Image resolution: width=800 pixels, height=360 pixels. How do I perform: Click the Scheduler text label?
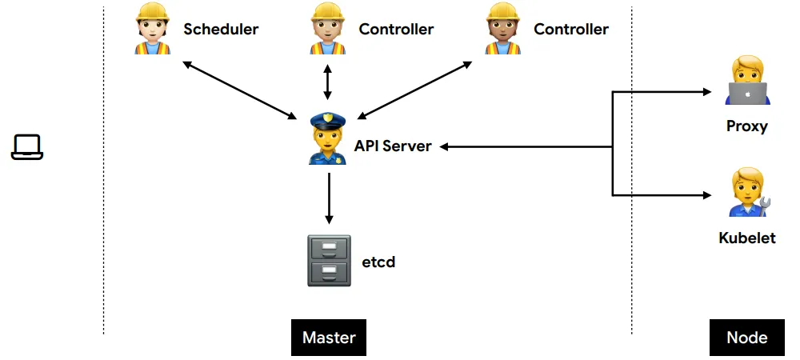[x=221, y=30]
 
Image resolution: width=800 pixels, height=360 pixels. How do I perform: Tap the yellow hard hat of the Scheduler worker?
[x=151, y=12]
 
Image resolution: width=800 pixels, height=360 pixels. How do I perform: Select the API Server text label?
[x=393, y=146]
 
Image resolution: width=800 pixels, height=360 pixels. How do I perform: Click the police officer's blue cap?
[x=327, y=120]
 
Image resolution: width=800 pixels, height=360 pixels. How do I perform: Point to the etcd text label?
[x=378, y=262]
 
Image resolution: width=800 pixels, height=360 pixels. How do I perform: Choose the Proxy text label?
[x=747, y=126]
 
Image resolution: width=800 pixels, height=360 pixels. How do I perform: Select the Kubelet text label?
[x=747, y=238]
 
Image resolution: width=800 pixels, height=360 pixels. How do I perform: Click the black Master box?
[x=329, y=337]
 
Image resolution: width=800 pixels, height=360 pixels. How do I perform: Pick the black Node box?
[x=747, y=337]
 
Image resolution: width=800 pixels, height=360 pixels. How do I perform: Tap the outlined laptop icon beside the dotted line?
[x=26, y=146]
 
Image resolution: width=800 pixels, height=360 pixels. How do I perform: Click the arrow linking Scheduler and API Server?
[x=240, y=90]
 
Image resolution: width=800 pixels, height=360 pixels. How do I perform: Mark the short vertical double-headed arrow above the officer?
[x=327, y=82]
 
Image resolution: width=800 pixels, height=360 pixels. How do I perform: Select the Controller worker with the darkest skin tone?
[x=504, y=30]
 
